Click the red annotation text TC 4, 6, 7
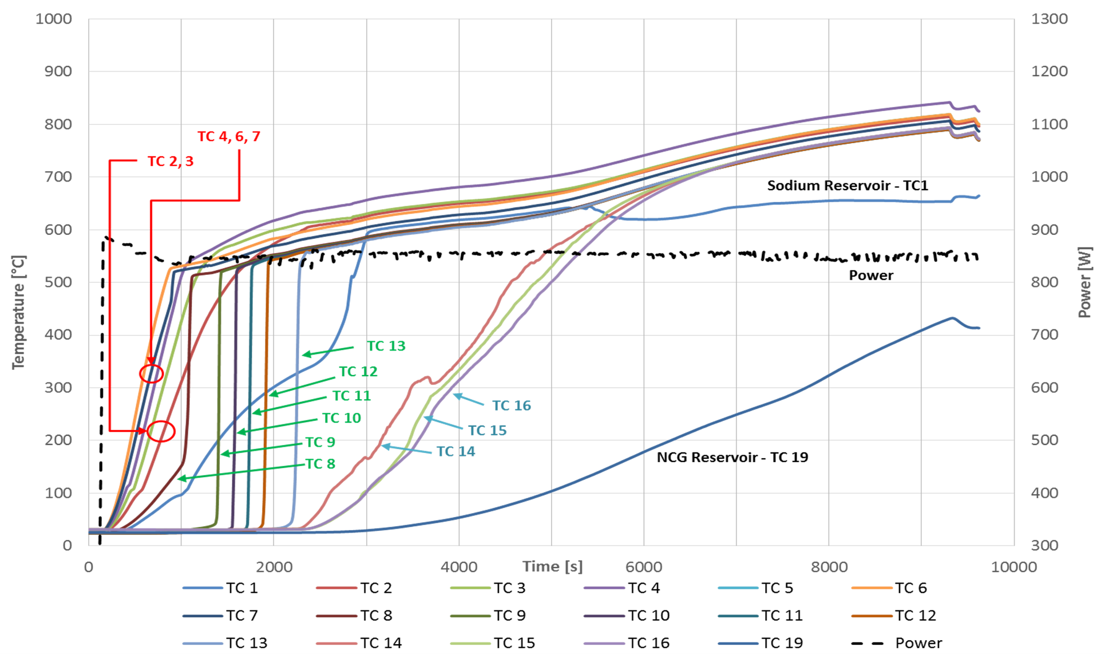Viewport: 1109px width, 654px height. coord(229,136)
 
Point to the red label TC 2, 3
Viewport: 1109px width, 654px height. coord(171,161)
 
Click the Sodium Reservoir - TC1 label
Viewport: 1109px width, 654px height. coord(847,186)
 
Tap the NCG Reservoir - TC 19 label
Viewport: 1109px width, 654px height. coord(732,457)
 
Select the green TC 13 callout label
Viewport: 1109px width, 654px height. coord(386,346)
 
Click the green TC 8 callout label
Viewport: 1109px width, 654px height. coord(320,464)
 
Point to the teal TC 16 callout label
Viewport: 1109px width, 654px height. coord(511,405)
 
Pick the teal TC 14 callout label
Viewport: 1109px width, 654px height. coord(456,451)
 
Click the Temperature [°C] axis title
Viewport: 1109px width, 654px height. coord(18,312)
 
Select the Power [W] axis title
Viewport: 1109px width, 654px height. coord(1084,282)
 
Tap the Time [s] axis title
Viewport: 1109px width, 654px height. coord(552,566)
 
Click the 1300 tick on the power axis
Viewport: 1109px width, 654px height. coord(1049,19)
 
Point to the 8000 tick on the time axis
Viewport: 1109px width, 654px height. coord(829,567)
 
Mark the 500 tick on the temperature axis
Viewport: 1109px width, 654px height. coord(58,282)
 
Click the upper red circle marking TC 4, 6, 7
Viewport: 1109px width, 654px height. coord(152,374)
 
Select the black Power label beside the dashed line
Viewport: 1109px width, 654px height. coord(870,275)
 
